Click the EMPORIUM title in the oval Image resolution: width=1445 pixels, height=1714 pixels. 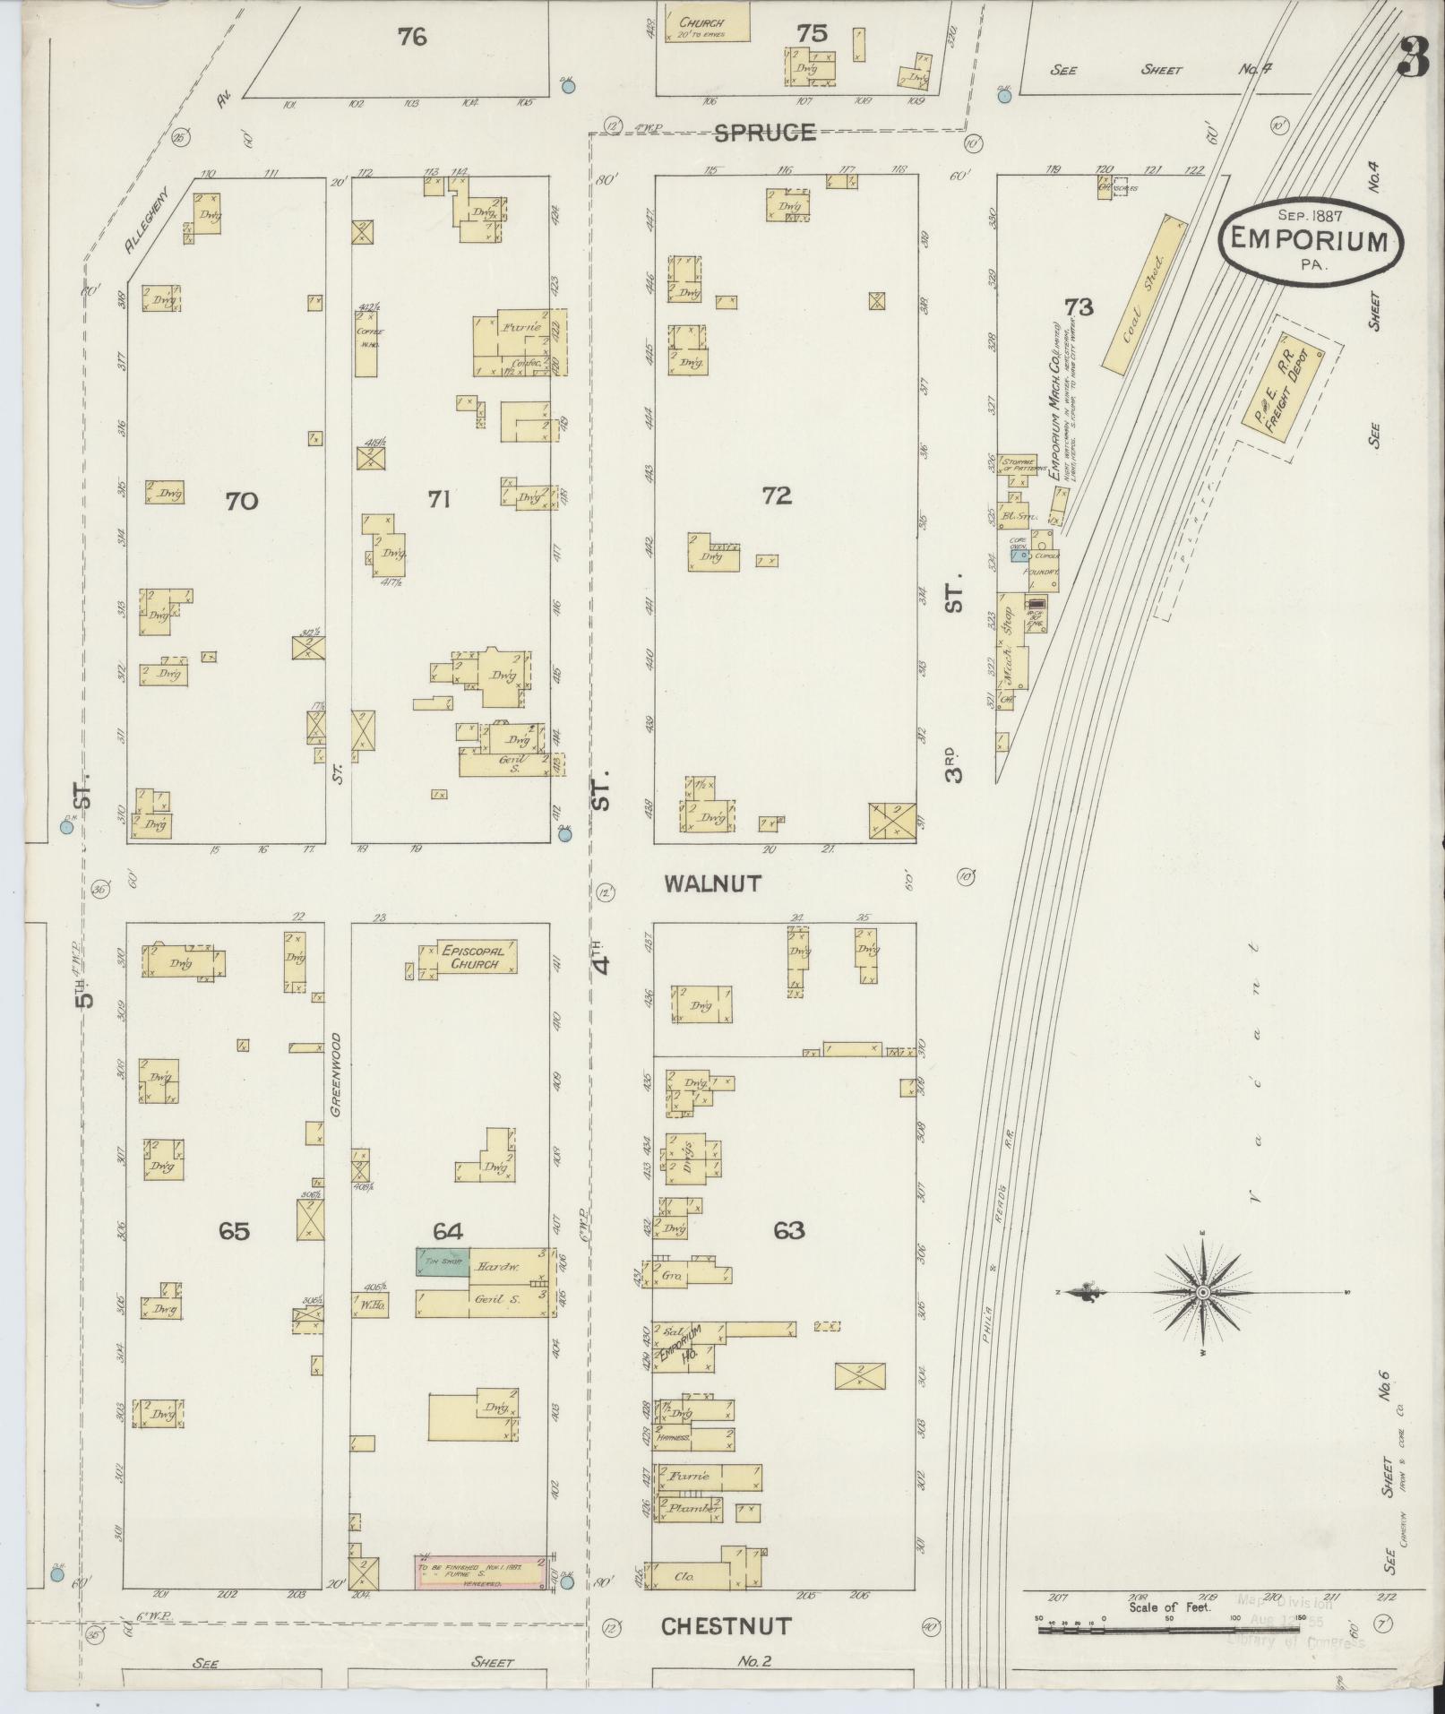[x=1309, y=240]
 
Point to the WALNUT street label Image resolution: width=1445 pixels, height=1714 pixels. [x=712, y=883]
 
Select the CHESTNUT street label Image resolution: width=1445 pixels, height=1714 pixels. [x=726, y=1626]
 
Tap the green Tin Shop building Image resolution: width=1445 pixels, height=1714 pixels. [x=442, y=1262]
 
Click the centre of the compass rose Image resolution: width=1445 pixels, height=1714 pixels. [x=1203, y=1291]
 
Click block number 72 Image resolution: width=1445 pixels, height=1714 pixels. [x=777, y=495]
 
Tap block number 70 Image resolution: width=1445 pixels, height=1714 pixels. [x=241, y=501]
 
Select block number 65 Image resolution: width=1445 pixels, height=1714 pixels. [x=234, y=1232]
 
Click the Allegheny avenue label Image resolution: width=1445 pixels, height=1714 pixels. [x=149, y=220]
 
